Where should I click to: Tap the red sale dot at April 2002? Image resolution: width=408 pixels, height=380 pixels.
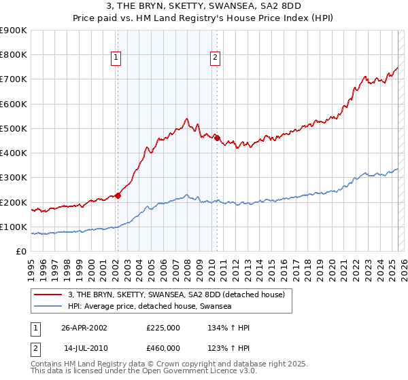tap(118, 195)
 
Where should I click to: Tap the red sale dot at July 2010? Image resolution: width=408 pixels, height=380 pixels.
tap(217, 138)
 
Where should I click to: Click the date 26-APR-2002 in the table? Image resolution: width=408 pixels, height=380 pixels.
tap(84, 327)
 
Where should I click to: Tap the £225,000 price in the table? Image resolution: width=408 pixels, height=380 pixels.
tap(163, 327)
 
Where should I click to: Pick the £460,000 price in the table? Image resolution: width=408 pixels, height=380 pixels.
tap(163, 347)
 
